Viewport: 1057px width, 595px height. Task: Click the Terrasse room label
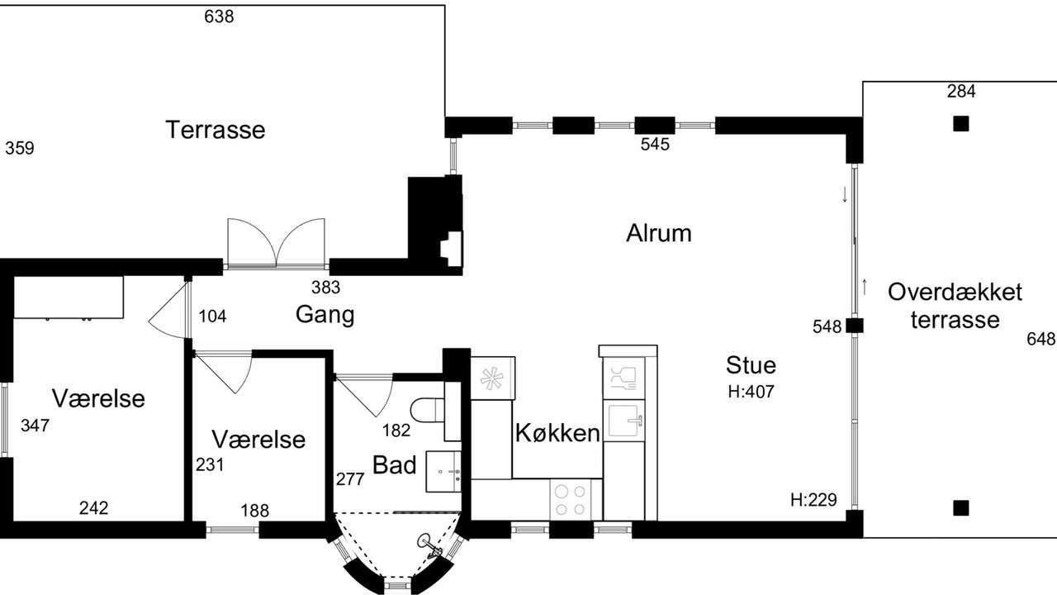click(x=216, y=130)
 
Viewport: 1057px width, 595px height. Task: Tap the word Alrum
click(x=659, y=233)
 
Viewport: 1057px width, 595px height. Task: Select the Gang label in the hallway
click(x=325, y=315)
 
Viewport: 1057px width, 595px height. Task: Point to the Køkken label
click(x=557, y=432)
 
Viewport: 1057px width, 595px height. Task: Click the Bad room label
click(x=395, y=464)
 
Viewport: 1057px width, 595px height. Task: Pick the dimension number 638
click(x=219, y=17)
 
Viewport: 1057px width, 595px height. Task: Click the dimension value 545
click(x=655, y=144)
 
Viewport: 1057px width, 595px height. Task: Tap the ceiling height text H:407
click(x=751, y=392)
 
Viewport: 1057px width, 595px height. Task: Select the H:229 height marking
click(x=813, y=500)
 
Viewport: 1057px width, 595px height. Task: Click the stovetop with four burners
click(x=570, y=500)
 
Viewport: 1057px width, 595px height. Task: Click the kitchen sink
click(x=626, y=420)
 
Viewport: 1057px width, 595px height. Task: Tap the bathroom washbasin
click(x=443, y=471)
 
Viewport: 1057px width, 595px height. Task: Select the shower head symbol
click(x=429, y=546)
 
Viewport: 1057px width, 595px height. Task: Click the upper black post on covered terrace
click(x=961, y=124)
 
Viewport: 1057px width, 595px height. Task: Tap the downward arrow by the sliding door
click(x=845, y=194)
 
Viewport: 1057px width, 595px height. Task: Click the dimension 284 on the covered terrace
click(x=961, y=91)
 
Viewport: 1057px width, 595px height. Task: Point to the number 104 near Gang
click(x=212, y=317)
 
